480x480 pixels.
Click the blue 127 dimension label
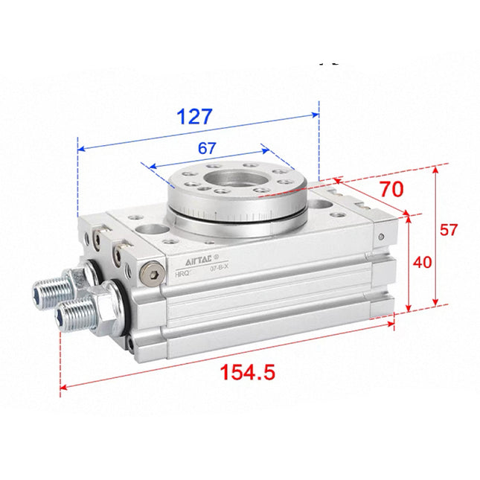tap(195, 118)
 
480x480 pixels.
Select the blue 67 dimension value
tap(207, 148)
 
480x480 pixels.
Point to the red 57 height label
tap(448, 230)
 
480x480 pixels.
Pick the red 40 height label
tap(423, 262)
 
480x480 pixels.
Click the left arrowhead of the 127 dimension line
tap(80, 148)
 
